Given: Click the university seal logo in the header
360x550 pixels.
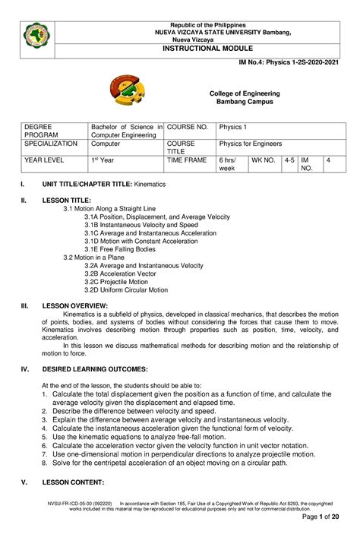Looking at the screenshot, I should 38,35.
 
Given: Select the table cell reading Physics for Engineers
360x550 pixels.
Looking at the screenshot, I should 250,144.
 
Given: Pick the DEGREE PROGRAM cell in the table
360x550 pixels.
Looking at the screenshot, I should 40,129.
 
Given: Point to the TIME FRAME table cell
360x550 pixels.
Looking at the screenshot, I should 186,161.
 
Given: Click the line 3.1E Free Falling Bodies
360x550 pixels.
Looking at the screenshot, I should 120,249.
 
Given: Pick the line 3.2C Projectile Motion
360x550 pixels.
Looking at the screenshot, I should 116,281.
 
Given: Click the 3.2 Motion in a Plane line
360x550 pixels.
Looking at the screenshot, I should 96,257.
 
